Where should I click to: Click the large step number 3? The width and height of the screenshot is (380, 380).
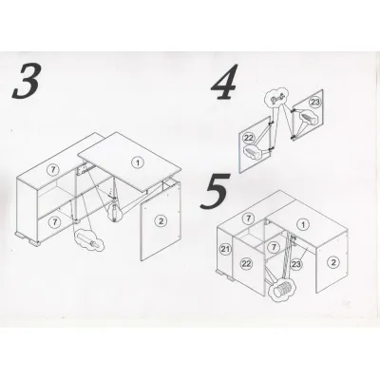click(x=27, y=80)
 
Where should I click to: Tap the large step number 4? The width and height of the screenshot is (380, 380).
click(x=224, y=83)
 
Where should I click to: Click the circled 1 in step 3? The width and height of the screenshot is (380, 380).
click(x=138, y=162)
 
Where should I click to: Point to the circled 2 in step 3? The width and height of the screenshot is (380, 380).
click(x=161, y=221)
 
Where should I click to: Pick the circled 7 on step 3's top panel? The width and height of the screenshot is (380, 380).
click(x=54, y=169)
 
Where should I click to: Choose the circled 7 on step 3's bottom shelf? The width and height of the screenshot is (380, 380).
click(x=55, y=222)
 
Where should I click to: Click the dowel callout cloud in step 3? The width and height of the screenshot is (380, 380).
click(x=89, y=242)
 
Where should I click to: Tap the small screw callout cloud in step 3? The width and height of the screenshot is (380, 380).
click(x=114, y=212)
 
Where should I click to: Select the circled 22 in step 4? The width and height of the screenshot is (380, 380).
click(x=249, y=138)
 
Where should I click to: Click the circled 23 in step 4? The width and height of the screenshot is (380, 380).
click(x=314, y=102)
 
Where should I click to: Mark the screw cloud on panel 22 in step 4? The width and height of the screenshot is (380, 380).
click(x=254, y=153)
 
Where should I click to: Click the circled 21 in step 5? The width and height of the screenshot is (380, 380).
click(x=225, y=249)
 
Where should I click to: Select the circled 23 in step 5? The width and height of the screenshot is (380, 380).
click(x=295, y=263)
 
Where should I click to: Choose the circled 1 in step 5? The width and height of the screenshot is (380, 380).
click(x=303, y=225)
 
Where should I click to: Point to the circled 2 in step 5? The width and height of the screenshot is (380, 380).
click(x=333, y=261)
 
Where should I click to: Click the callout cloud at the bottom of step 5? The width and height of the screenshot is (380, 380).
click(x=282, y=289)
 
